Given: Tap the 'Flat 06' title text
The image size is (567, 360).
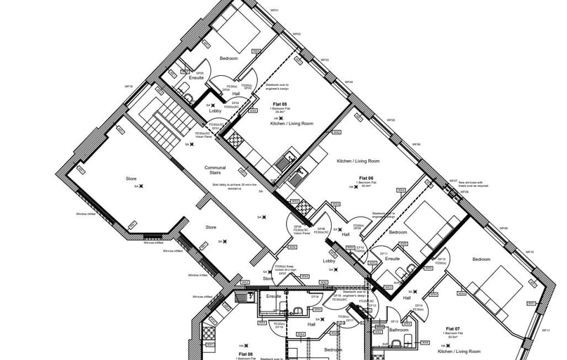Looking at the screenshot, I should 365,179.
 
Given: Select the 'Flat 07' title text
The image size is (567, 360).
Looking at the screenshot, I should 452,329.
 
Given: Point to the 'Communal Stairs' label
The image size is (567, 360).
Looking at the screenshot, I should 215,170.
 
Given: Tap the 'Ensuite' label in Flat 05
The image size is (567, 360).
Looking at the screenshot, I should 187,78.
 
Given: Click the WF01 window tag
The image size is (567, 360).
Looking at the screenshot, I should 275,11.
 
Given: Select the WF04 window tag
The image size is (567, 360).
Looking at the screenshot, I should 349,82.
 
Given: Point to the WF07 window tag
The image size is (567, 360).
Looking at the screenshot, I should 453,181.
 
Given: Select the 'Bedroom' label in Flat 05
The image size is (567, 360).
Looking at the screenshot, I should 230,58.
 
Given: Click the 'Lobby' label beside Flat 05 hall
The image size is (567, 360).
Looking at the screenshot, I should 215,111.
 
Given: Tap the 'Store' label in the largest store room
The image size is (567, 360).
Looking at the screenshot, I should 131,179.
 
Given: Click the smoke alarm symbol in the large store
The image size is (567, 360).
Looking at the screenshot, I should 141,186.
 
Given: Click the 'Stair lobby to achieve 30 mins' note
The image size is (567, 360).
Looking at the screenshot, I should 227,187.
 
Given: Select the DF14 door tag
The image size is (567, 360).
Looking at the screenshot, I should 418,305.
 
